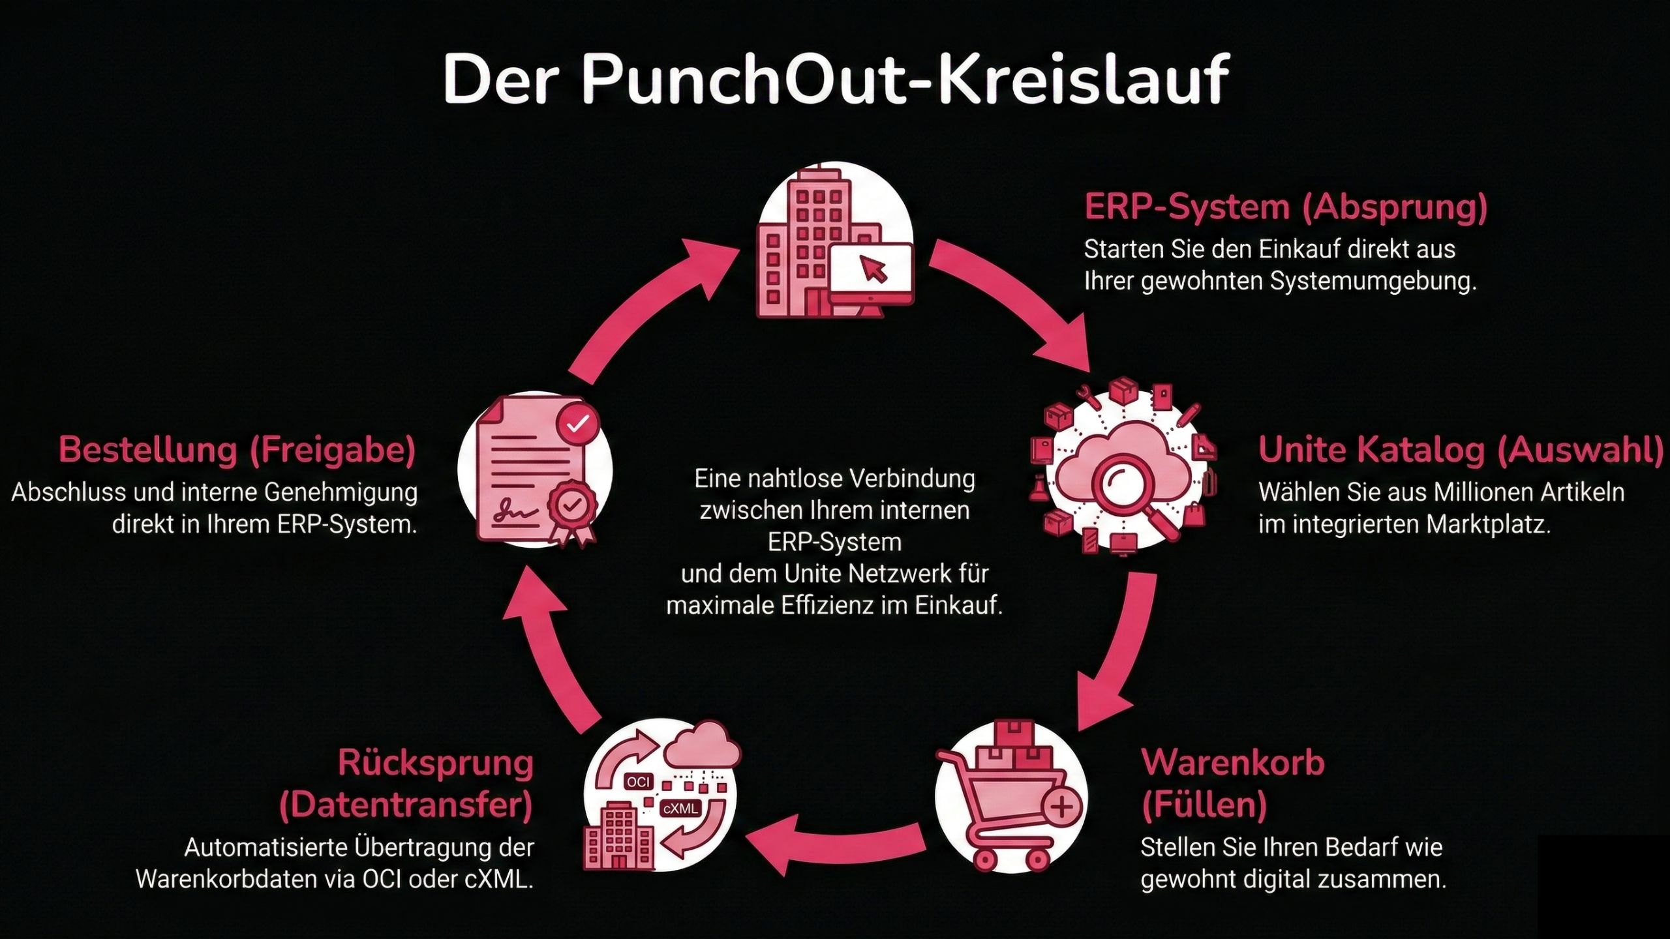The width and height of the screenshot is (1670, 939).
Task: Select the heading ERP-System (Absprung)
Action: click(x=1285, y=207)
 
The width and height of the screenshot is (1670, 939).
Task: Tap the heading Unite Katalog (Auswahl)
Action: click(x=1461, y=450)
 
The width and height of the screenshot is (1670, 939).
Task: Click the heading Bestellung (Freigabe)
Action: click(x=237, y=450)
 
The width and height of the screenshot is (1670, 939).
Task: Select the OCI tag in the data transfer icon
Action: click(x=638, y=782)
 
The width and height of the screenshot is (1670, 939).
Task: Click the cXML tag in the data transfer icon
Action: click(x=680, y=809)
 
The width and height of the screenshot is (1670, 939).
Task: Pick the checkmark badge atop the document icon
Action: click(x=577, y=424)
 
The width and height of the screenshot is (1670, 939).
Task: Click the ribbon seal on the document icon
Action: click(x=571, y=509)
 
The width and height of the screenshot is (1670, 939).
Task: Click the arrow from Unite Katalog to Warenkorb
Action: click(x=1122, y=652)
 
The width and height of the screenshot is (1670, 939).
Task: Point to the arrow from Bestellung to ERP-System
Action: click(x=646, y=300)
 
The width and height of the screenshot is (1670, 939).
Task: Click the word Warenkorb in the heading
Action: click(x=1233, y=763)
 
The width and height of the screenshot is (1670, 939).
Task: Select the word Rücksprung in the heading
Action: click(x=436, y=763)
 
